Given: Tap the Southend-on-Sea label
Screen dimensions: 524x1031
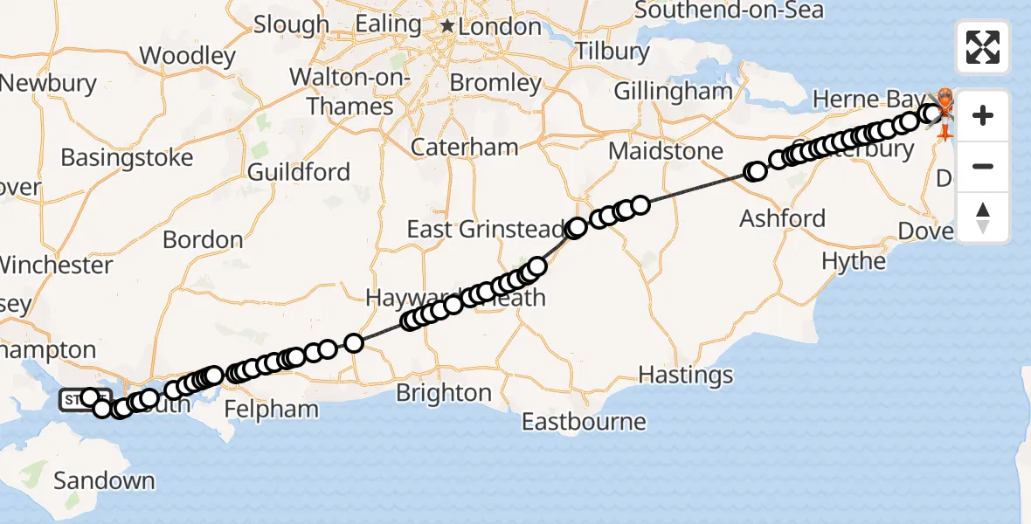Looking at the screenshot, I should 729,10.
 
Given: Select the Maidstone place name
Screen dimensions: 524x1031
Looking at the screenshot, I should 666,151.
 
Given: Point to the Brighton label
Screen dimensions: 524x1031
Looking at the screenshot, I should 444,393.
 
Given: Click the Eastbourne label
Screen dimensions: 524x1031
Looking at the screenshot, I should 585,423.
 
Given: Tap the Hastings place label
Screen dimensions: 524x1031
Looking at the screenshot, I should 686,376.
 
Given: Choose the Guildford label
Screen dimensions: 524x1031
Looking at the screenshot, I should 299,172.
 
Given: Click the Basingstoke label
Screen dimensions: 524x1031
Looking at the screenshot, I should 127,159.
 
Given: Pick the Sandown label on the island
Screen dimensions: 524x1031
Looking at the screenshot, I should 104,480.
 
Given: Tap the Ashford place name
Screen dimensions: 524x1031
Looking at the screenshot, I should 783,217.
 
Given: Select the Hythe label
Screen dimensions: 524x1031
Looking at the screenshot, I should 854,261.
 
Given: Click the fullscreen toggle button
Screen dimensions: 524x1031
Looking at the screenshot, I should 983,47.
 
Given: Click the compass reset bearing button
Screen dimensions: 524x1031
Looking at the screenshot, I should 983,217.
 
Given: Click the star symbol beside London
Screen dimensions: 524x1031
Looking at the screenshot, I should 447,27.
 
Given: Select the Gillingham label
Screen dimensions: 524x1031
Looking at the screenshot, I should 673,91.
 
